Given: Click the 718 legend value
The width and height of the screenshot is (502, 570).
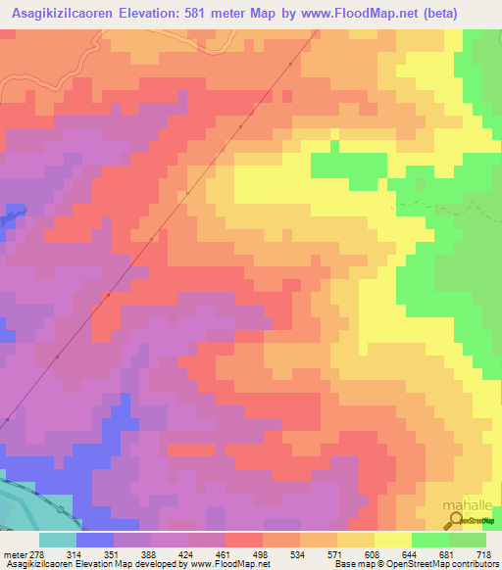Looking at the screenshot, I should [483, 553].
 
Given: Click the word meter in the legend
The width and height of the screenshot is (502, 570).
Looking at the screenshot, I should [18, 553].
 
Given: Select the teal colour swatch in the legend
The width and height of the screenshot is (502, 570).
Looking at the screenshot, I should [57, 540].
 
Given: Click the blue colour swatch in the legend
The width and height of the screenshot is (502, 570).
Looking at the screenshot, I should [95, 540].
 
